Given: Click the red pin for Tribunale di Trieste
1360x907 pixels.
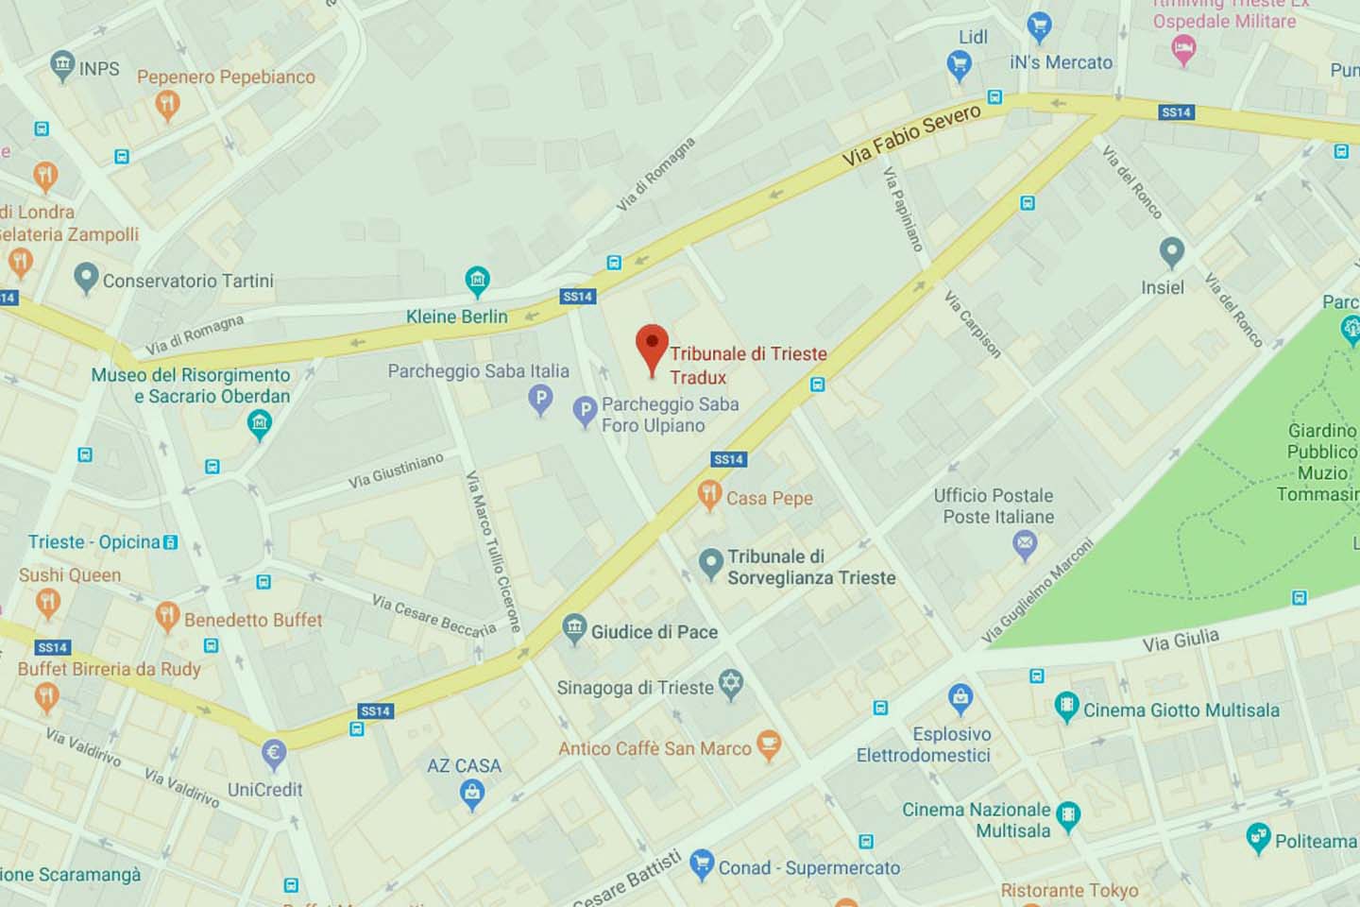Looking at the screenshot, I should click(652, 346).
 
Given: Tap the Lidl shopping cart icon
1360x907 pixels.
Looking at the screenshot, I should click(959, 64).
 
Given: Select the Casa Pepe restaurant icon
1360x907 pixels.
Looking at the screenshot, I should click(709, 493).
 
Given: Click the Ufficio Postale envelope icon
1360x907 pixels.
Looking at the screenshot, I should click(1025, 543).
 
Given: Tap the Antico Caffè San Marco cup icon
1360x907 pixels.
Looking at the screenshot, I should click(769, 744).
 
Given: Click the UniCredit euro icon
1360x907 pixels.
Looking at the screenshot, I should click(274, 753).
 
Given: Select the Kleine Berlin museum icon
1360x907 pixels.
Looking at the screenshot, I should click(478, 280).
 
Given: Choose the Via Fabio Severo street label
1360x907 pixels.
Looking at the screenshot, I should click(911, 136).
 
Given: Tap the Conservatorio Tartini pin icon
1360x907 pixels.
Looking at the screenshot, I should click(86, 278).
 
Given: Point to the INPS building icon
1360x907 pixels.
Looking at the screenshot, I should click(62, 65).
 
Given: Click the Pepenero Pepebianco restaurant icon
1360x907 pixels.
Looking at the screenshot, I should click(167, 104).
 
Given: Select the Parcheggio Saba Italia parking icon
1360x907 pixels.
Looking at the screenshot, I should click(540, 399).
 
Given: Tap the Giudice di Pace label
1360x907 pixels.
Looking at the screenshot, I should click(654, 632).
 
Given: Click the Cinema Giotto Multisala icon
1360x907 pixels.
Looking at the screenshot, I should click(1066, 706).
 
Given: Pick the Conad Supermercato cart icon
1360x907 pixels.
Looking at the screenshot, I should click(702, 864).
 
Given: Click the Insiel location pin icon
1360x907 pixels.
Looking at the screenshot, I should click(1172, 251).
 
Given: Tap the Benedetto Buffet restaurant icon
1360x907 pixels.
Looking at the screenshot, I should click(167, 616).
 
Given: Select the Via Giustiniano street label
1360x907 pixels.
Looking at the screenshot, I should click(396, 471).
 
